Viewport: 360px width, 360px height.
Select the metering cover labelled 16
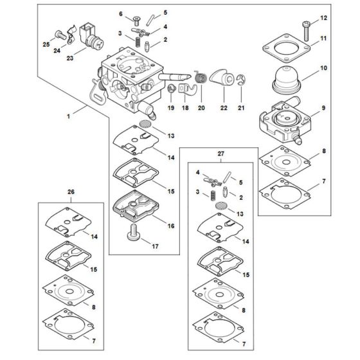138,208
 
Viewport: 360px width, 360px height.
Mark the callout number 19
172,109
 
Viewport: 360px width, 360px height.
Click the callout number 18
186,109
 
